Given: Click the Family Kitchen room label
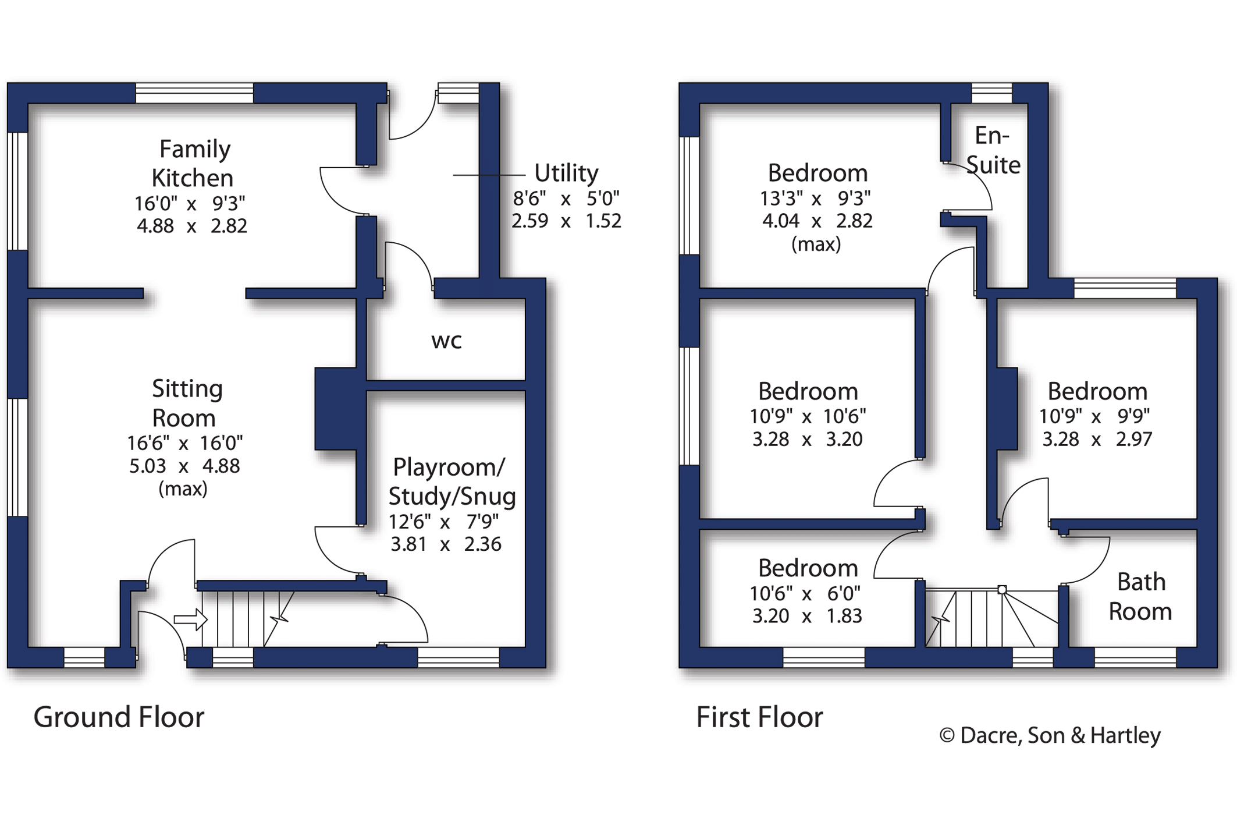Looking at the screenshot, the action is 193,163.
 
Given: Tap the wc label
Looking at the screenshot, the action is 446,341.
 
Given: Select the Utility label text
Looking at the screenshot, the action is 566,173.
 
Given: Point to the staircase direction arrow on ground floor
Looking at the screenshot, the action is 191,619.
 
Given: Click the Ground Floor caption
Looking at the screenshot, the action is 119,717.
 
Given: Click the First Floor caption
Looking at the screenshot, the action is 759,717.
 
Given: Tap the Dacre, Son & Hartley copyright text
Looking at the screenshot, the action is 1050,735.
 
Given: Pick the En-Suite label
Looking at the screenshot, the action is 993,150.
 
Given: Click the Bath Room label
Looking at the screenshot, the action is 1140,597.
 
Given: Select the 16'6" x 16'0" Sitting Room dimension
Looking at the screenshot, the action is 185,443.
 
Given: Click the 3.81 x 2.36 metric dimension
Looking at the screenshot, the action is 446,544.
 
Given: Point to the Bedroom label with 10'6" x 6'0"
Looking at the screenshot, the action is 808,568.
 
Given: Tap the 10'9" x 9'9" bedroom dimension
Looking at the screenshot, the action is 1094,417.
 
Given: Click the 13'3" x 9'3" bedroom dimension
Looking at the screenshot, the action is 815,199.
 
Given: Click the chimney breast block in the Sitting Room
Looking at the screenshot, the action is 336,409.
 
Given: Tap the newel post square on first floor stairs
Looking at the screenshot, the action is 1002,590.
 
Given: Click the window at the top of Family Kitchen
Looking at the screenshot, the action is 194,93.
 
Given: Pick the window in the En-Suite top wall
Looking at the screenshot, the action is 992,93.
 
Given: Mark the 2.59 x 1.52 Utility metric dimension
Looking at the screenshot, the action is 566,221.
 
